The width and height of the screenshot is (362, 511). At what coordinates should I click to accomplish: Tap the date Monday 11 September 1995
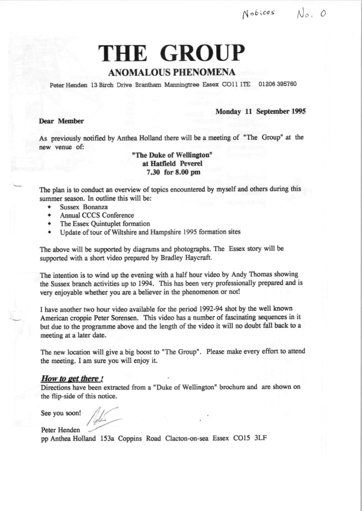click(x=260, y=112)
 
